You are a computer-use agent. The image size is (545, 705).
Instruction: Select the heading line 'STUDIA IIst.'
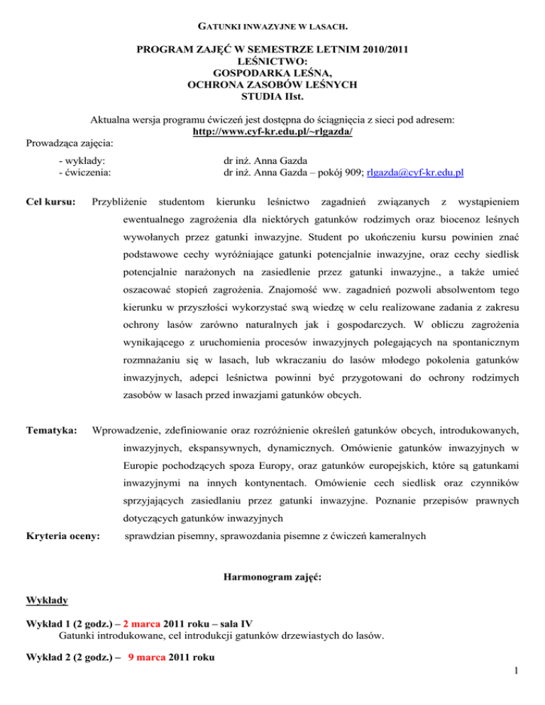coord(272,96)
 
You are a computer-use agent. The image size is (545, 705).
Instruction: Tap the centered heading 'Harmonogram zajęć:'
coord(272,578)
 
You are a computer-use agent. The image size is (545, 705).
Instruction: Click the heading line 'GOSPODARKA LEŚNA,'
coord(272,72)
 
